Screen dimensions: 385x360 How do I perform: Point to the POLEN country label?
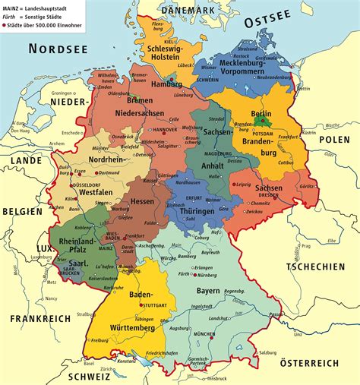(333, 140)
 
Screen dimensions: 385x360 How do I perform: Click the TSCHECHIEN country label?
(317, 266)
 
